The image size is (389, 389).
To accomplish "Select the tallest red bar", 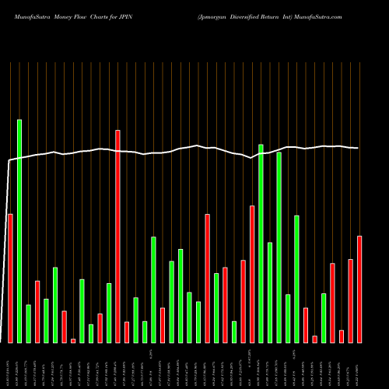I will click(118, 237).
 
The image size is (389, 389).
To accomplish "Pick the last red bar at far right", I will click(359, 289).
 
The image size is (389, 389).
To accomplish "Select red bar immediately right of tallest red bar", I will click(127, 332).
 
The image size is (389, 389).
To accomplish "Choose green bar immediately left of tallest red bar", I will click(109, 313).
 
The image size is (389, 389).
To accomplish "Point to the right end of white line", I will click(358, 148).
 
